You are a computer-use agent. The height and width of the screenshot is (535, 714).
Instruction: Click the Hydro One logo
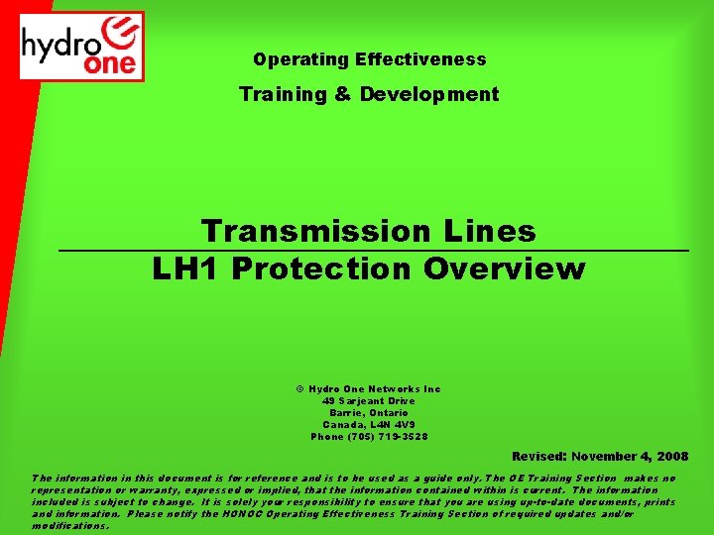(x=83, y=46)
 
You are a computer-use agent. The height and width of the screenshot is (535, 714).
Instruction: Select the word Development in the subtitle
(x=429, y=94)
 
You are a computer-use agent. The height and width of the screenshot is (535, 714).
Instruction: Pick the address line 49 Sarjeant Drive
(x=368, y=401)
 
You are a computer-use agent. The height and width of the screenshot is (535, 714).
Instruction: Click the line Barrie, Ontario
(x=368, y=413)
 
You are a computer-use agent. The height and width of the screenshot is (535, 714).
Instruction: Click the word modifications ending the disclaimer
(x=70, y=526)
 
